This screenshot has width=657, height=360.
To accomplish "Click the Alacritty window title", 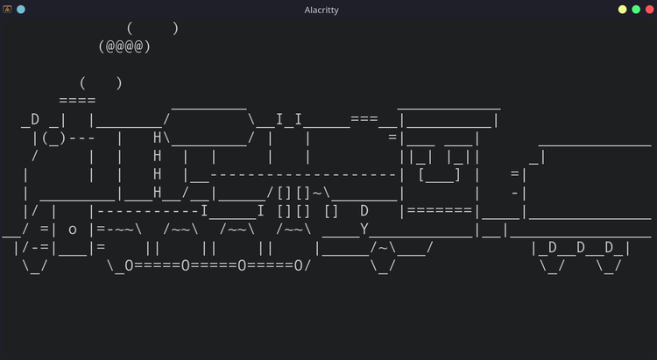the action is [x=321, y=10].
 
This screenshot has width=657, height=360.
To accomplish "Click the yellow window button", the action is [x=622, y=10].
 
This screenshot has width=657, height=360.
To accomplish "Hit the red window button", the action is [x=649, y=10].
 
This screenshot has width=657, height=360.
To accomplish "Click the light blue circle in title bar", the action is [x=20, y=10].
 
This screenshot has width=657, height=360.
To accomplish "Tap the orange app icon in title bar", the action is [x=7, y=10].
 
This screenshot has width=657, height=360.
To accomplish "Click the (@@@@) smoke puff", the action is [x=124, y=46].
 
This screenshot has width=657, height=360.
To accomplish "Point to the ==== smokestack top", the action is [x=77, y=101].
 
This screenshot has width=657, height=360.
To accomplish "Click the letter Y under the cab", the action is [x=364, y=229].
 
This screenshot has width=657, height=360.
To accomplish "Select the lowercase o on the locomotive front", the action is [x=73, y=230].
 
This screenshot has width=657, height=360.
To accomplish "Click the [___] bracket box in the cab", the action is [x=440, y=175].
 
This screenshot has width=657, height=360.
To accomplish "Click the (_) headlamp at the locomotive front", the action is [x=53, y=138].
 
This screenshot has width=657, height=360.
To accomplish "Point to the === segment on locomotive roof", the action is [x=364, y=119].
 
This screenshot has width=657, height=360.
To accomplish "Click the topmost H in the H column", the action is [x=157, y=137].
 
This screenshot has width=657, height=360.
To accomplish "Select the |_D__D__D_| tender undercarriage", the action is [x=581, y=248].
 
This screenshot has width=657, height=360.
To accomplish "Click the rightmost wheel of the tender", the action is [x=609, y=266].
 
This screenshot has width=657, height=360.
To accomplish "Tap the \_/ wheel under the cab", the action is [x=383, y=266].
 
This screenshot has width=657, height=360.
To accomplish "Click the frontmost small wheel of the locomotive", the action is [x=35, y=266].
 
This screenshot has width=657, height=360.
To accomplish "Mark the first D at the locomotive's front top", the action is [x=35, y=119].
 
